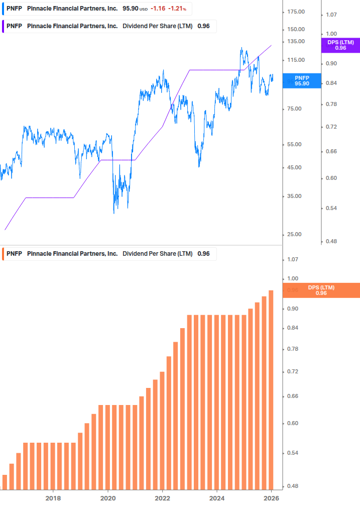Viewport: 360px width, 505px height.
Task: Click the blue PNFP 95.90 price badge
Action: click(x=302, y=80)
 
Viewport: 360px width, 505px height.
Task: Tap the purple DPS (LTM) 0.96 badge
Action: click(x=340, y=45)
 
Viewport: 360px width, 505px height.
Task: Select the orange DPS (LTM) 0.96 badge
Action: click(x=321, y=290)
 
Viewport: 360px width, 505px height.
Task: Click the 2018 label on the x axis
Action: click(x=53, y=498)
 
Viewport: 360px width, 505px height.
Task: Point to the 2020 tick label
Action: click(x=108, y=498)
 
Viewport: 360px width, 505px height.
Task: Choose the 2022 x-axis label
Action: click(x=162, y=498)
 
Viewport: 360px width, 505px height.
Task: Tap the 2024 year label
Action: click(x=217, y=498)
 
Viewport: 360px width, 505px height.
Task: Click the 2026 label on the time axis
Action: click(x=271, y=498)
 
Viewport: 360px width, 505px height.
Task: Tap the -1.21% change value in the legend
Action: click(x=177, y=9)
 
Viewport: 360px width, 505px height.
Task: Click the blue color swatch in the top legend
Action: click(x=4, y=9)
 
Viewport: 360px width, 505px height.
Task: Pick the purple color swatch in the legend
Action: click(x=4, y=26)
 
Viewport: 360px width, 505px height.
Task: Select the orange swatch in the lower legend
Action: click(x=4, y=254)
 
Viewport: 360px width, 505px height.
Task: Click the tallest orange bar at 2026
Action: click(x=271, y=389)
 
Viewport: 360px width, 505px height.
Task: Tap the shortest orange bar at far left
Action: click(x=5, y=481)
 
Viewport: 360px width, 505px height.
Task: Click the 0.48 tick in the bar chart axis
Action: click(x=292, y=486)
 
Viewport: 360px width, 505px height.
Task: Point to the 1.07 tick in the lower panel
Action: click(x=292, y=259)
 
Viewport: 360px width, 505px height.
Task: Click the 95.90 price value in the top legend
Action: click(x=131, y=9)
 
